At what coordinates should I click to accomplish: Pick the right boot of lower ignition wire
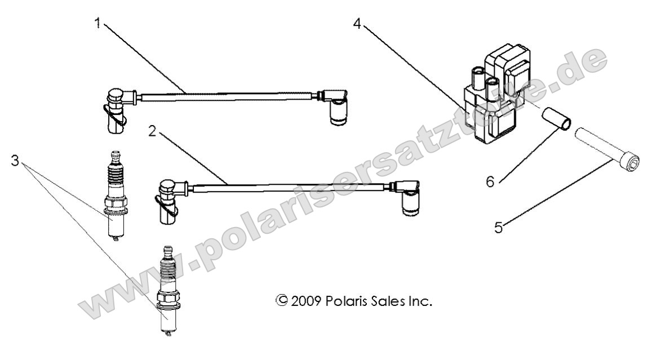[411, 200]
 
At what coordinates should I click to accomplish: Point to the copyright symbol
[277, 303]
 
